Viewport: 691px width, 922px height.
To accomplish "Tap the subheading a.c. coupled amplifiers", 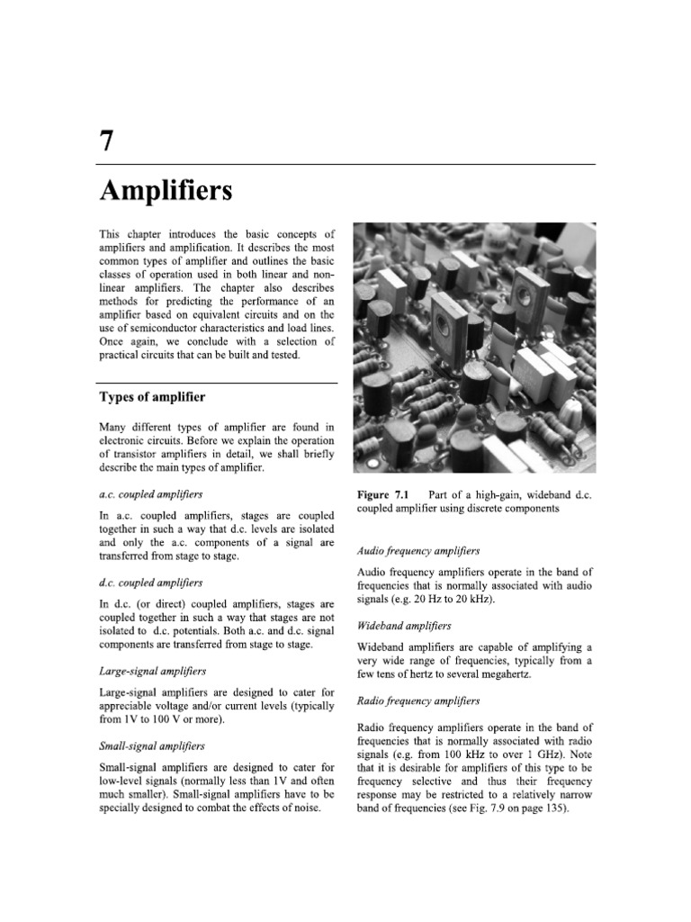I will (150, 494).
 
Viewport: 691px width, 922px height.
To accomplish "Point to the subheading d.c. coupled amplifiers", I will (150, 583).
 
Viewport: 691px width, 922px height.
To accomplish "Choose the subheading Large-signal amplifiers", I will (152, 671).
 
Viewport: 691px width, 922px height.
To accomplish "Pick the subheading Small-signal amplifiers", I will (152, 746).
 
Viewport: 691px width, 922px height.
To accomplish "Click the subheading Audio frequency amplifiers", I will (418, 550).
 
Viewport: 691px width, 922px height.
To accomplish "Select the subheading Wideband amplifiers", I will (404, 625).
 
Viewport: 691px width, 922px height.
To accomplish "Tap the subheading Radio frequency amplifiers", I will (418, 700).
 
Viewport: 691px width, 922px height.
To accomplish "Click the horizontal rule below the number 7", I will (346, 165).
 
